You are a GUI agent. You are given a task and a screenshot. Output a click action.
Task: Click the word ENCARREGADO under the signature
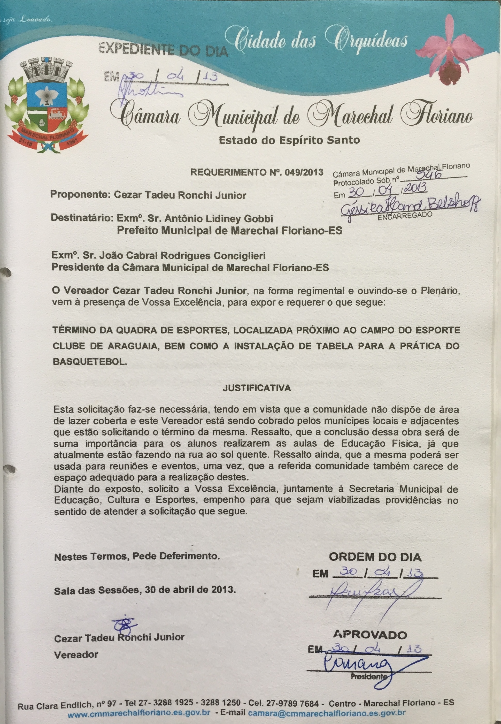click(405, 216)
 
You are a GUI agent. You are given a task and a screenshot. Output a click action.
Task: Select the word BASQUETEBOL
click(90, 361)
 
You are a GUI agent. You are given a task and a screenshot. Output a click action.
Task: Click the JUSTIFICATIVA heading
click(257, 388)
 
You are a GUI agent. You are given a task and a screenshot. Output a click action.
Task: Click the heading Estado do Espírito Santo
click(289, 140)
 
